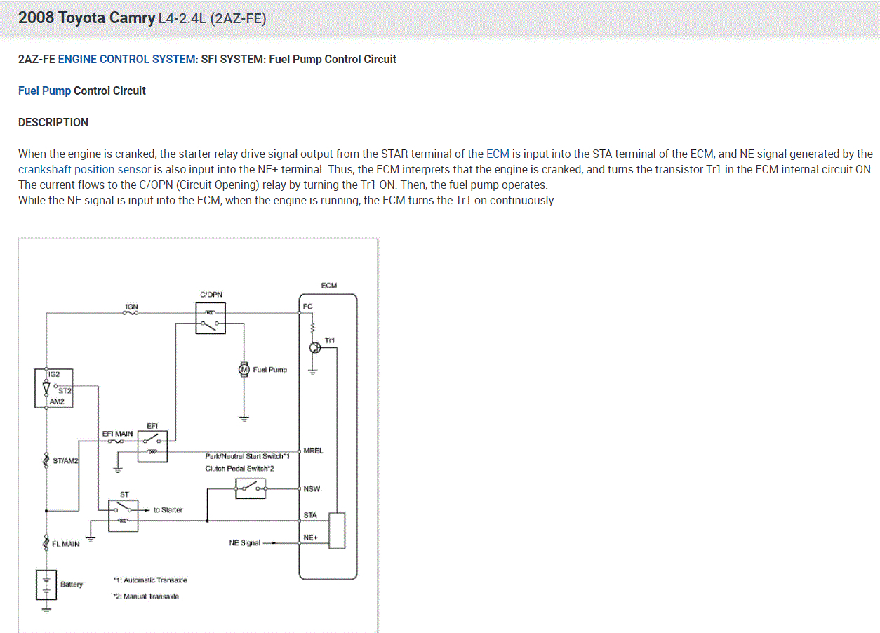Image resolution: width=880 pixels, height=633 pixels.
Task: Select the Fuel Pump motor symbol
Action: coord(244,369)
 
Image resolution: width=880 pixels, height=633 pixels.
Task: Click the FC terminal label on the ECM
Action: coord(307,307)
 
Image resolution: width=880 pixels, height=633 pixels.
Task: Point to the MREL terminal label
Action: coord(313,451)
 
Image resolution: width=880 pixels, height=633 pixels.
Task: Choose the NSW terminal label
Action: coord(311,488)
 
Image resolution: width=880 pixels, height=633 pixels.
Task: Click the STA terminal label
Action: coord(310,515)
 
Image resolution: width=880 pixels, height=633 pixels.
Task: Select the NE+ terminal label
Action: coord(310,538)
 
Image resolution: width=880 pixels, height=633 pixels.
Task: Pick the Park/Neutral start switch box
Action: coord(251,488)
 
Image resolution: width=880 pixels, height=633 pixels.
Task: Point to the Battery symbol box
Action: coord(46,585)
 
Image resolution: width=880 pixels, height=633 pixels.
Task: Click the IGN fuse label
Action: coord(131,307)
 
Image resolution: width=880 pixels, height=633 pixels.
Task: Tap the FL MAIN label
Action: coord(66,544)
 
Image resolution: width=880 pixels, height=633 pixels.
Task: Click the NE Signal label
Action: coord(244,543)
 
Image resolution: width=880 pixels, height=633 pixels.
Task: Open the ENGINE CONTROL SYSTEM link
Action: coord(127,60)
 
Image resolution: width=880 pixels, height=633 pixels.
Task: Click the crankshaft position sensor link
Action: coord(84,169)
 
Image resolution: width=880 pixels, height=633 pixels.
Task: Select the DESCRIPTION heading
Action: coord(53,122)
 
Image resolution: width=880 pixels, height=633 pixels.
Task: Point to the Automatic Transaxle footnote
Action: coord(149,580)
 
